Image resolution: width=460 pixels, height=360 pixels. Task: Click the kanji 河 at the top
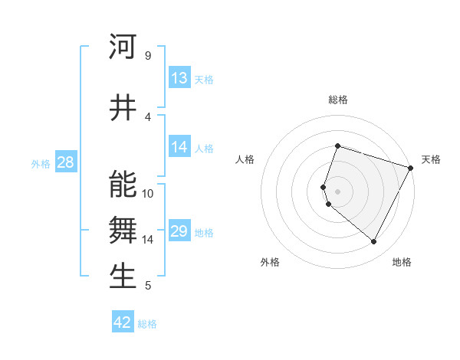(123, 47)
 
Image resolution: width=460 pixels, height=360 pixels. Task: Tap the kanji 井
(123, 109)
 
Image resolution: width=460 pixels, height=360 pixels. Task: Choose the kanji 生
(123, 277)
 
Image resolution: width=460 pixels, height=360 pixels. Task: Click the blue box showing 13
(179, 78)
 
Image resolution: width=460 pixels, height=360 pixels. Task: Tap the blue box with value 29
(179, 231)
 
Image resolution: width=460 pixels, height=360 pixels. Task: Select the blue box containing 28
(65, 162)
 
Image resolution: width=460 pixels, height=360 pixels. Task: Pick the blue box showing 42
(123, 322)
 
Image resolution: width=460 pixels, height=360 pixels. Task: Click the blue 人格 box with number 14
(179, 147)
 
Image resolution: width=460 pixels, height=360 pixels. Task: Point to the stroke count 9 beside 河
(147, 55)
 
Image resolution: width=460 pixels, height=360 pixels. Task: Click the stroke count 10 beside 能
(148, 193)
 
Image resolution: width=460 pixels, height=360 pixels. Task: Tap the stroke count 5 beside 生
(147, 286)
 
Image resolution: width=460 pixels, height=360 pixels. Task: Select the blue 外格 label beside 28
(41, 163)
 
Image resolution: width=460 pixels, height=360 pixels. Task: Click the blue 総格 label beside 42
(147, 324)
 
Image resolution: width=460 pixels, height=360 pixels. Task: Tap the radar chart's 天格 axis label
(431, 159)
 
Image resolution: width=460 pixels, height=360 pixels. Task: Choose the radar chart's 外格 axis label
(270, 262)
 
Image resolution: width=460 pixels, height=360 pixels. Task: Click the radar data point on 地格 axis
(374, 242)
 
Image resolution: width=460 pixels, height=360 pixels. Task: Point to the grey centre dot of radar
(338, 191)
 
